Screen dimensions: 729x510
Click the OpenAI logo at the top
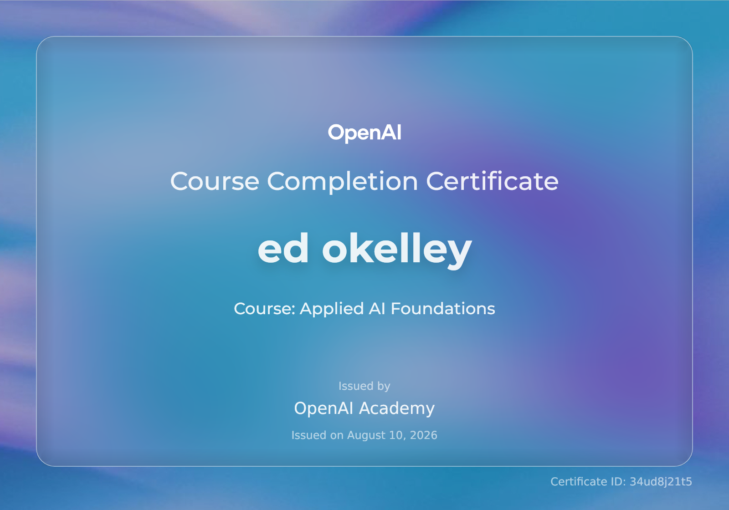[x=364, y=133]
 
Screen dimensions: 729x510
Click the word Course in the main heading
[x=215, y=181]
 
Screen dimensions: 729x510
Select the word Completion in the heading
[x=342, y=182]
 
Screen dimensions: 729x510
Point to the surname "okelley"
[x=397, y=250]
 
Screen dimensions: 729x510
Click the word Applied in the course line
[x=332, y=309]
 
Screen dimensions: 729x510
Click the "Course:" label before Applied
[x=264, y=309]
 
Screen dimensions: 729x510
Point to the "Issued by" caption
[x=364, y=387]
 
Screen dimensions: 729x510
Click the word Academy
[x=397, y=408]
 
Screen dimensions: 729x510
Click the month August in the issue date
[x=366, y=436]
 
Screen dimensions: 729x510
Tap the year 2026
[x=423, y=435]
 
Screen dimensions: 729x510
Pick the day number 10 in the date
[x=397, y=435]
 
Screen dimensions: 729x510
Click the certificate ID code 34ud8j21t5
[x=661, y=482]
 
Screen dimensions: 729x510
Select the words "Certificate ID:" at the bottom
[x=588, y=482]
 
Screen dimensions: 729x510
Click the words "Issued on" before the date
[x=317, y=435]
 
